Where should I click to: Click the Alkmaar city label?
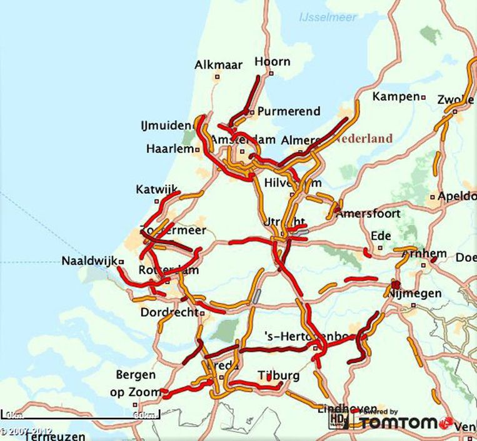tap(218, 65)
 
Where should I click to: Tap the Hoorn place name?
tap(273, 61)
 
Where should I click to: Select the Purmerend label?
tap(289, 112)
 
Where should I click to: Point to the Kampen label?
tap(395, 97)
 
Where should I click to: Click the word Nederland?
tap(365, 139)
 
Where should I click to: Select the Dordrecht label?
tap(169, 312)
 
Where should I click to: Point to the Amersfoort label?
tap(368, 214)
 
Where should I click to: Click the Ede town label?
tap(381, 236)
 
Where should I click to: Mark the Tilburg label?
tap(278, 375)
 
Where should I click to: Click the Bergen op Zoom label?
tap(136, 383)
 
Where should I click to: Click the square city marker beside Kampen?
tap(423, 97)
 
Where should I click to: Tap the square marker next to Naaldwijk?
tap(121, 262)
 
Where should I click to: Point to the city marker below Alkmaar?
tap(218, 77)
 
